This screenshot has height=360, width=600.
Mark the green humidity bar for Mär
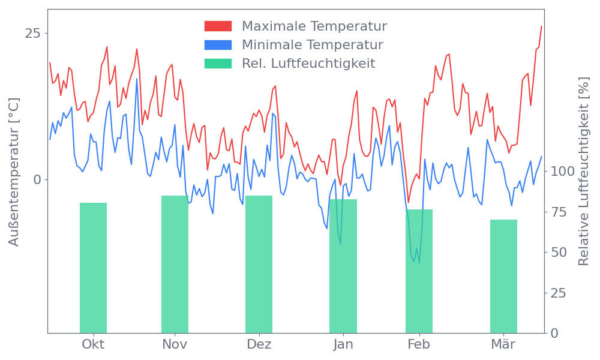pyautogui.click(x=503, y=276)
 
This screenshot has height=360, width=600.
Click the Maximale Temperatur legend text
pyautogui.click(x=314, y=26)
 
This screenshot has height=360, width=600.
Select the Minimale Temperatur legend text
pyautogui.click(x=312, y=45)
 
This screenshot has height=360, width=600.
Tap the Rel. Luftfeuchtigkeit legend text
pyautogui.click(x=308, y=64)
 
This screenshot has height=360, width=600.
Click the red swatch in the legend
pyautogui.click(x=218, y=26)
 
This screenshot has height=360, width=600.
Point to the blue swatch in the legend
pyautogui.click(x=218, y=45)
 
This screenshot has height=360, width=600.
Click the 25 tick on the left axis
pyautogui.click(x=32, y=33)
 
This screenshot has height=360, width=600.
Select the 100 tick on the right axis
pyautogui.click(x=563, y=171)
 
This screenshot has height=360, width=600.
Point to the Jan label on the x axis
pyautogui.click(x=343, y=344)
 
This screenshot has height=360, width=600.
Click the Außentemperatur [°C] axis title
pyautogui.click(x=14, y=173)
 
